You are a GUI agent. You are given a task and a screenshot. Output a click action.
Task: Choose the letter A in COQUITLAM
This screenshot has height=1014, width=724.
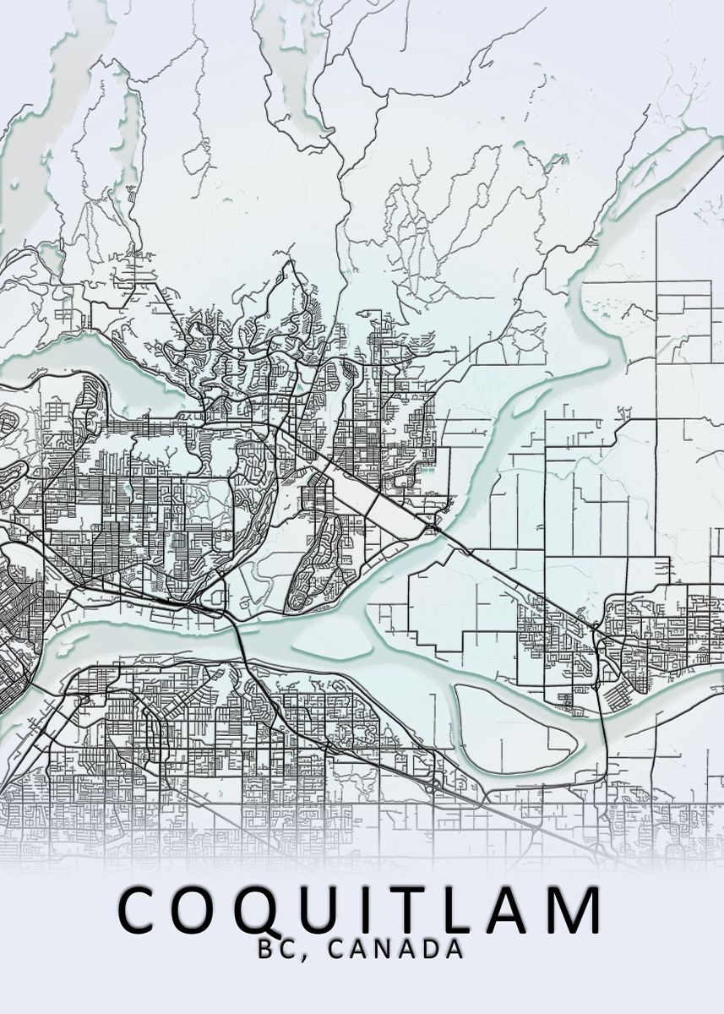click(509, 909)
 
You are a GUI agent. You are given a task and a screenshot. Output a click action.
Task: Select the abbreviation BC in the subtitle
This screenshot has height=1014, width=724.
click(275, 949)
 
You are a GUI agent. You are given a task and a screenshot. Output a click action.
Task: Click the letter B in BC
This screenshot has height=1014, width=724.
click(265, 949)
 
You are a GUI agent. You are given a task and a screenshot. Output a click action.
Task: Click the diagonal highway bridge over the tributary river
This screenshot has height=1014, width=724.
click(433, 529)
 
